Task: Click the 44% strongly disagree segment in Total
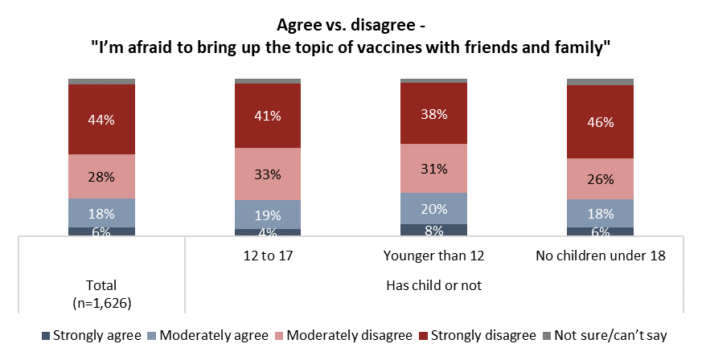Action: coord(101,119)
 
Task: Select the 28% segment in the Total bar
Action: coord(101,176)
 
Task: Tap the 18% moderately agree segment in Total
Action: coord(101,213)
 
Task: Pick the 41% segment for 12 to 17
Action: coord(267,115)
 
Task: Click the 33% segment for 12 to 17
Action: coord(267,173)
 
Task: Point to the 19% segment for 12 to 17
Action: coord(267,215)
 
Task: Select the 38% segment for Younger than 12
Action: coord(433,113)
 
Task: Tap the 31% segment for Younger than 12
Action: coord(433,168)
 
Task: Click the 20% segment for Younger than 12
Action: coord(433,208)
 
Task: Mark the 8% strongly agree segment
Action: coord(433,230)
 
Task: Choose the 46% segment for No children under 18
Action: coord(600,121)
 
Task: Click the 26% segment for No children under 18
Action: coord(600,178)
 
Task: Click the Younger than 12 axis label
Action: coord(433,256)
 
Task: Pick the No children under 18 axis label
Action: coord(600,256)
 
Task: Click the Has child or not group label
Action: coord(433,284)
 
